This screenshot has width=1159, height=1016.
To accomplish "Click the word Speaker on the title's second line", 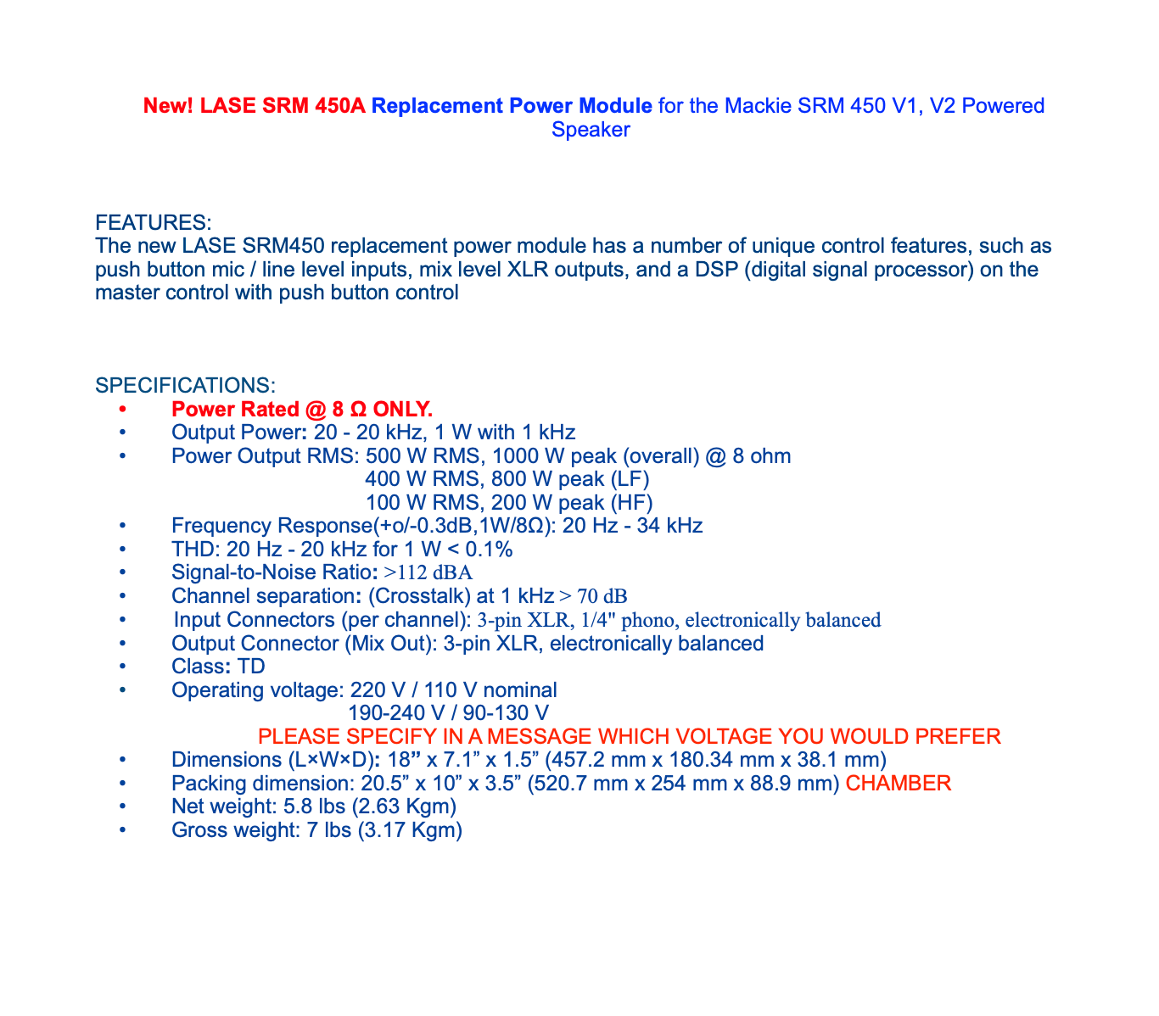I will coord(591,130).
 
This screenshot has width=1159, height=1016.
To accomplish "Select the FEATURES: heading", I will coord(154,223).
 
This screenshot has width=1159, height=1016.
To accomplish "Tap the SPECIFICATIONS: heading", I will coord(186,386).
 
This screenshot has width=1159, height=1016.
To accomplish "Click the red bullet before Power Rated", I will coord(123,410).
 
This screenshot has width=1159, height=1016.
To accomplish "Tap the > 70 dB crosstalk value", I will coord(593,596).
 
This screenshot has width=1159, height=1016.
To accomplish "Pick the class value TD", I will coord(252,667).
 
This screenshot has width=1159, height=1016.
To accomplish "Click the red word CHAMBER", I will coord(899,783).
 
